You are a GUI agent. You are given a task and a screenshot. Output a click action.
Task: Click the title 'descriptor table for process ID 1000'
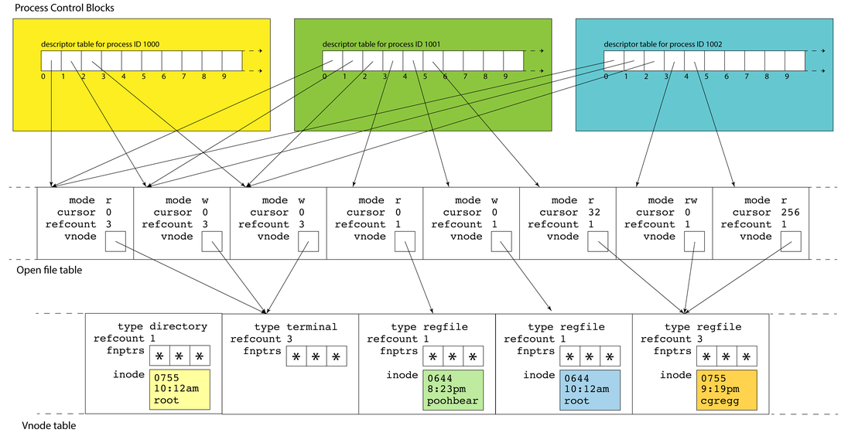tap(101, 45)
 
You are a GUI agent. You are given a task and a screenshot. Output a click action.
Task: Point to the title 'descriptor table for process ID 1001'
tap(381, 45)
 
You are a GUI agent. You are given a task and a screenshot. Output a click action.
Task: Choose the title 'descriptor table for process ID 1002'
tap(663, 45)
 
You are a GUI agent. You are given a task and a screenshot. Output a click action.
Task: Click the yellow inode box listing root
tap(176, 389)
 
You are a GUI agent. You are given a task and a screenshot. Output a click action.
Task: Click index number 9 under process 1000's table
tap(224, 77)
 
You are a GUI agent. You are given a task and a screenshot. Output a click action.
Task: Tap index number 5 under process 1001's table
tap(425, 77)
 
